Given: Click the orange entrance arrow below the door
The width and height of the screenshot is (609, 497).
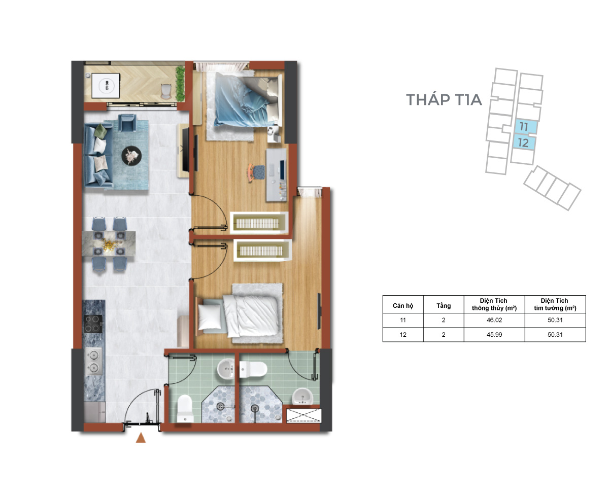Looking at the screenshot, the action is coord(141,437).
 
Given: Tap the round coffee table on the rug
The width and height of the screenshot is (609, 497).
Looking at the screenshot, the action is coord(131,156).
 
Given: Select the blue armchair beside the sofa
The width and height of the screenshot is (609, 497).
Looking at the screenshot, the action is coord(127,123).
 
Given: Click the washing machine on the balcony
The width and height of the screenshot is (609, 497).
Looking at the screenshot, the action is coord(106,86).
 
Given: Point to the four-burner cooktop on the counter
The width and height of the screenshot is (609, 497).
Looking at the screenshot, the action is coord(93,324).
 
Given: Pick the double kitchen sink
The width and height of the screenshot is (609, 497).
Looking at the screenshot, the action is coord(93,361).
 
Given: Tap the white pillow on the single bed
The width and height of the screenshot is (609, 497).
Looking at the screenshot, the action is coord(210,316).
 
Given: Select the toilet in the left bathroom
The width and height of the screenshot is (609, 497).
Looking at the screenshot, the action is coord(185,408).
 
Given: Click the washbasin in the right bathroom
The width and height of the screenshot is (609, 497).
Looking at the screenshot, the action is coord(302,397).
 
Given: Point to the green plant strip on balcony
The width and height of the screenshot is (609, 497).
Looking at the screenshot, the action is coord(180,84).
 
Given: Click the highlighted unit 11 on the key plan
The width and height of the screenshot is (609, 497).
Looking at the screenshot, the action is coord(525,126).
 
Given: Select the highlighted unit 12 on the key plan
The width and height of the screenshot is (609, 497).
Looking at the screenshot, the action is coord(524,143).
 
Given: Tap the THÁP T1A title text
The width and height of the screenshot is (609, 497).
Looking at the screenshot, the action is coord(444,99).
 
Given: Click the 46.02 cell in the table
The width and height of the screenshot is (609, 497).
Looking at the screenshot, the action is coord(494,320).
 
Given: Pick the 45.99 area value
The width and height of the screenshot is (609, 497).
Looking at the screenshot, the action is coord(494,335).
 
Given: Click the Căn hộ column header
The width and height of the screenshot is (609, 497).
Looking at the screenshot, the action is coord(403,306).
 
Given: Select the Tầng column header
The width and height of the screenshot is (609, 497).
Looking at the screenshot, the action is coord(444,306).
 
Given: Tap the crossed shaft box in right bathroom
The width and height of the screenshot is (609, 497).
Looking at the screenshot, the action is coord(303,416).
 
